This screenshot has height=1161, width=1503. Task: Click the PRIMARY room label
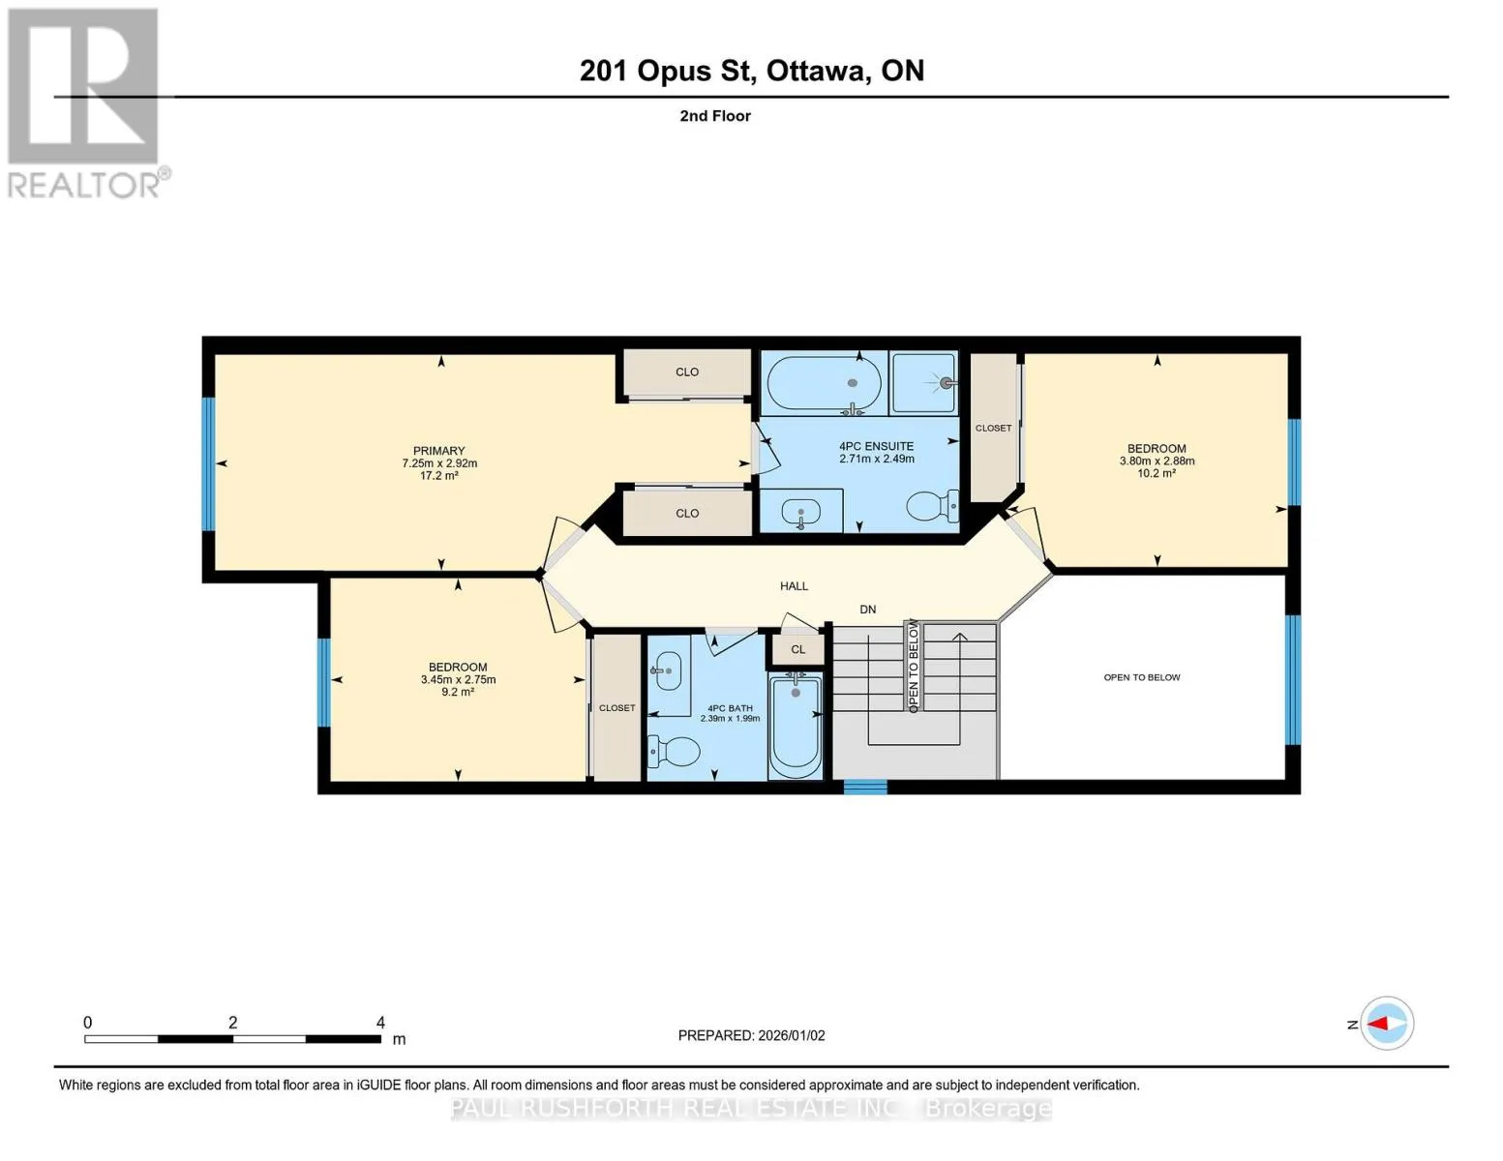pos(438,451)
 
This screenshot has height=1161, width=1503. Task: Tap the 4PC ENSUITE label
pos(876,447)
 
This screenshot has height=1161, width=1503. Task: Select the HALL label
pos(794,586)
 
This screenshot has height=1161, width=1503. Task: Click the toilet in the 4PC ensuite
pos(932,506)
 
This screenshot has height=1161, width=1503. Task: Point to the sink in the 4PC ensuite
pos(801,513)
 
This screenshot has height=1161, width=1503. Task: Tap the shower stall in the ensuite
pos(923,383)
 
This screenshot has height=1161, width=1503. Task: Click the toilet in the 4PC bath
pos(674,751)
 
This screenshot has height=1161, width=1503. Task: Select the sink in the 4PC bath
pos(667,670)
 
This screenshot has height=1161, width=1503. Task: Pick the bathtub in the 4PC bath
pos(797,726)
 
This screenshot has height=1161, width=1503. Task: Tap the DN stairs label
pos(868,610)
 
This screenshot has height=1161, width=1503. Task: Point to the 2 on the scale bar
pos(233,1023)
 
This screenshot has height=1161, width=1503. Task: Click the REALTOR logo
pos(86,104)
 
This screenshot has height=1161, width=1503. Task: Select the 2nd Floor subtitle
pos(715,116)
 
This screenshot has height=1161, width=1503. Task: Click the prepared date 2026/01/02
pos(792,1036)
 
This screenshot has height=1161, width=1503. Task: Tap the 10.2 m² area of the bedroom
pos(1157,474)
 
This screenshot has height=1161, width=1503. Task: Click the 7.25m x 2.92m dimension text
pos(440,463)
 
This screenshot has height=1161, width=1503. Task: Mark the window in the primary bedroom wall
pos(208,464)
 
